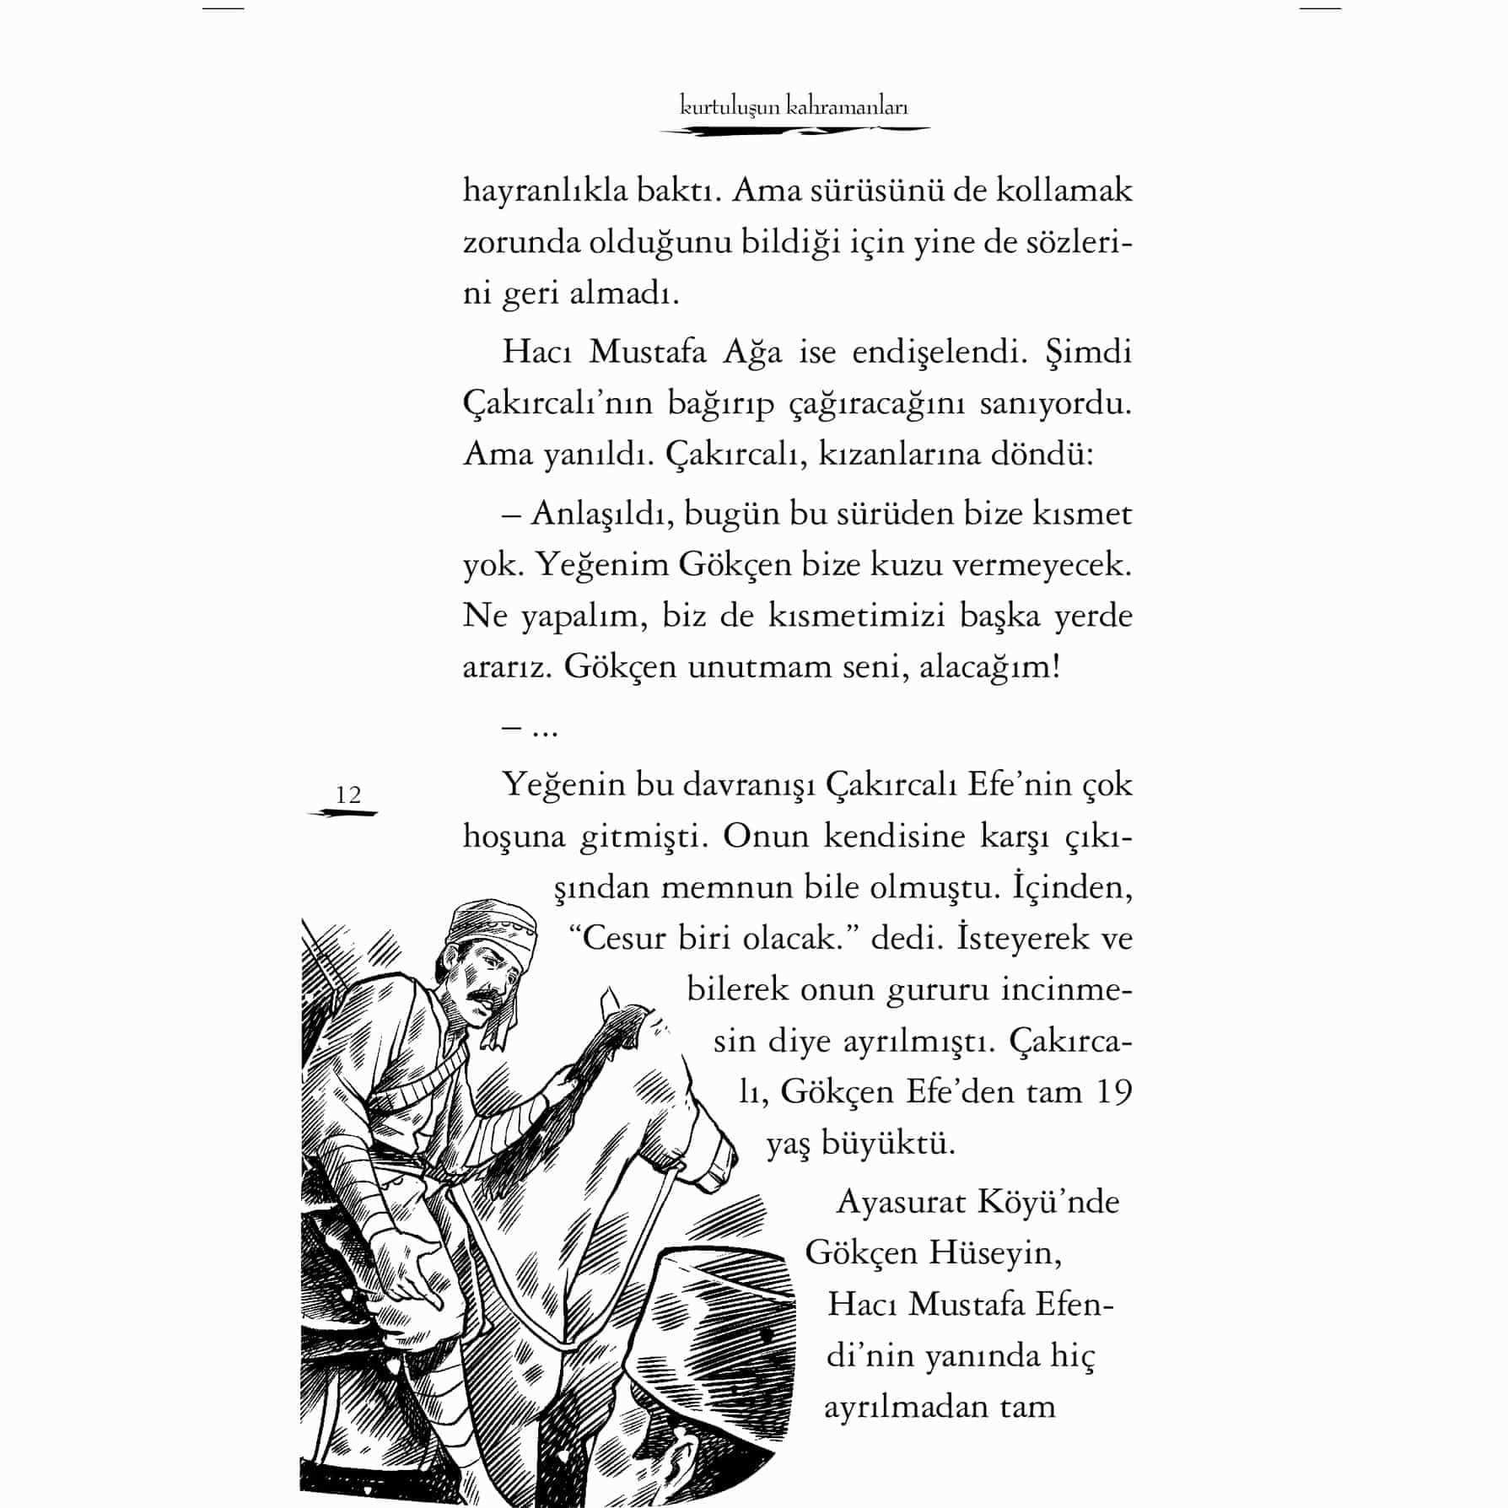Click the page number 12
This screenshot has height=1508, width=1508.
coord(347,794)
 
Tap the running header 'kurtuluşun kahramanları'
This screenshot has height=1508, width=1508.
coord(794,107)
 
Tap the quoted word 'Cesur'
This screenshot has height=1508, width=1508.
coord(625,938)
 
